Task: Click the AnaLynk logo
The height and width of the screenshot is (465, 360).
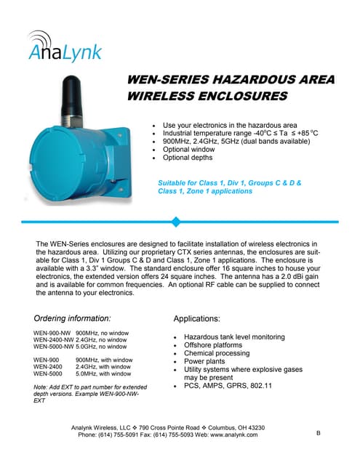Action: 65,46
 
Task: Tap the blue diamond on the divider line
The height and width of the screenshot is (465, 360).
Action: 175,221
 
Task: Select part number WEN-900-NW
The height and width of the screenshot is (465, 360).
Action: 52,332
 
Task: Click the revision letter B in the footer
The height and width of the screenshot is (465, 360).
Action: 318,433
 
